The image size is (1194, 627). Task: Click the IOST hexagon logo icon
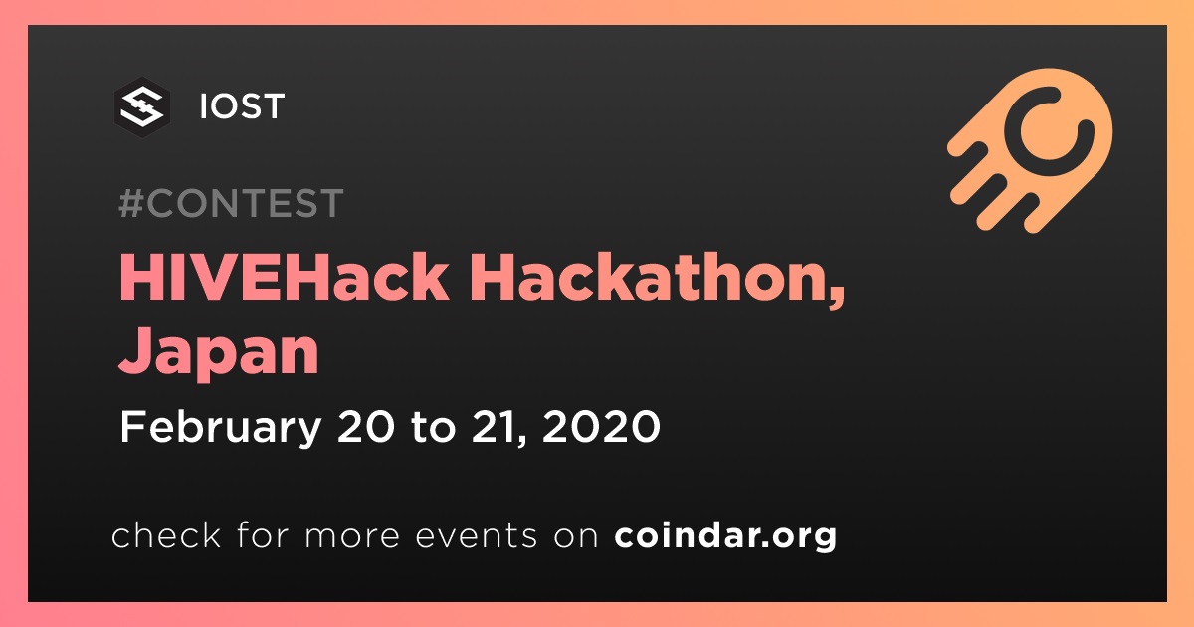[142, 107]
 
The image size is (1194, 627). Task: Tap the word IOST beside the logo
[242, 106]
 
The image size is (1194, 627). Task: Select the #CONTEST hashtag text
[231, 203]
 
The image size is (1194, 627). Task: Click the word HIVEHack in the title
[284, 278]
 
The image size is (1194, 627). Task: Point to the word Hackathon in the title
[651, 278]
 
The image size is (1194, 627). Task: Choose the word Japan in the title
[219, 352]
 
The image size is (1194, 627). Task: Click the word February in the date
[221, 428]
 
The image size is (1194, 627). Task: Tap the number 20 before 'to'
[366, 427]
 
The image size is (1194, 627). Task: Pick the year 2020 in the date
[601, 427]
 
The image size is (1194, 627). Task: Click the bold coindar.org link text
[725, 535]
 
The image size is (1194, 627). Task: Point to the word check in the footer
[166, 534]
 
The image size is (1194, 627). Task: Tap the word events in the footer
[476, 536]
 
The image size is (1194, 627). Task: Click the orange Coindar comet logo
[1030, 151]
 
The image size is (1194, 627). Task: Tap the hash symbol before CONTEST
[131, 203]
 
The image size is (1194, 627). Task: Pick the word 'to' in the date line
[434, 428]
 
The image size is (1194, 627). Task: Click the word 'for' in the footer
[263, 534]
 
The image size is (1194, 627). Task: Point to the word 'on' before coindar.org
[576, 537]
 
